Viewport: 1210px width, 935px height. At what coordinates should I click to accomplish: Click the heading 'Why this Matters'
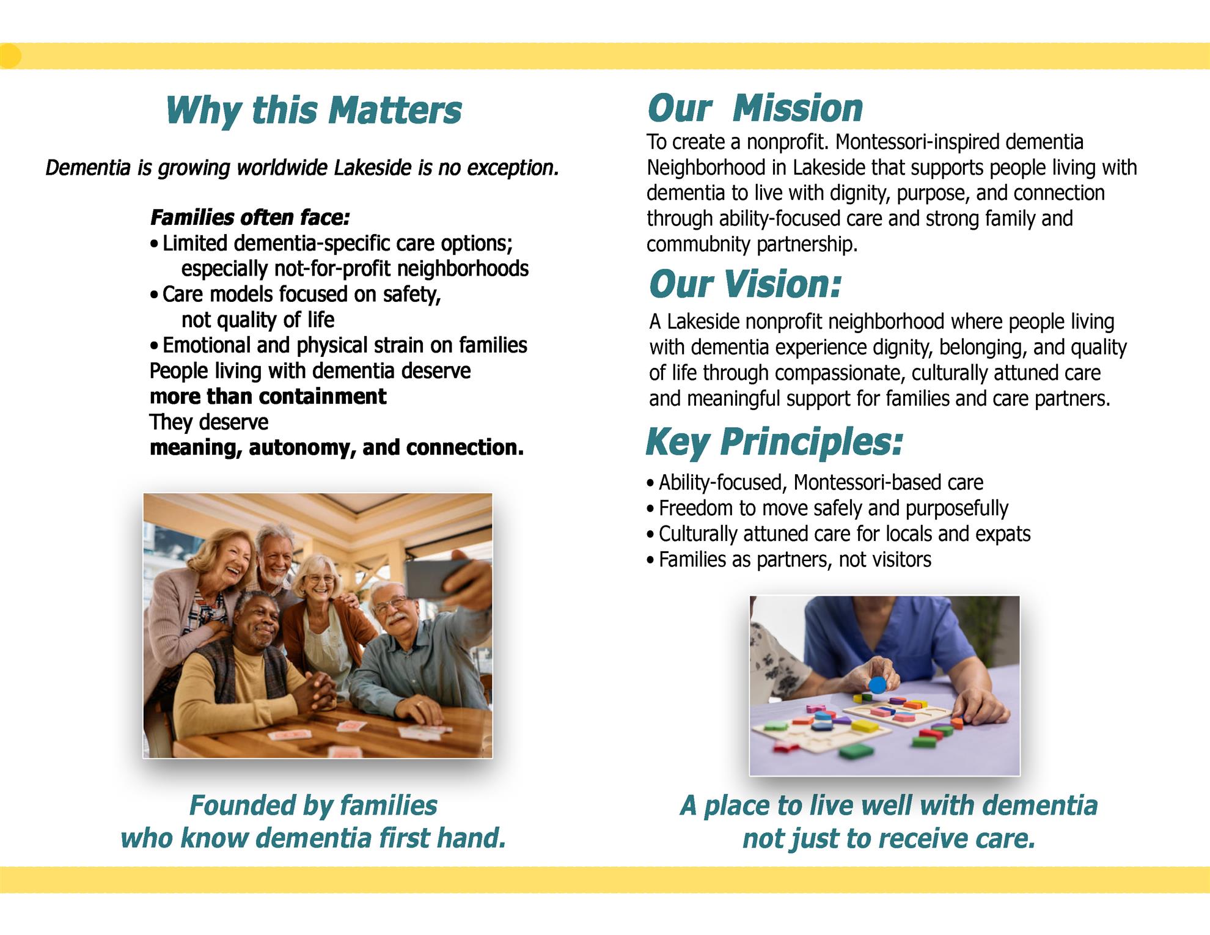(313, 111)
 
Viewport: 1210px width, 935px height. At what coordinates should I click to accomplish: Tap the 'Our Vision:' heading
(745, 284)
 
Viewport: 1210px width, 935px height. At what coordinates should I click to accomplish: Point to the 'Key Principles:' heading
(774, 442)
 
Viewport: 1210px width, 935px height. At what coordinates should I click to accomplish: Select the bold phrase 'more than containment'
(268, 397)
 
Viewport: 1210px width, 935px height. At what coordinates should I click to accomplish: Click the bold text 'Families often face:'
(250, 218)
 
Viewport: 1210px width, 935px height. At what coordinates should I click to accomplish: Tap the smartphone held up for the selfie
(437, 578)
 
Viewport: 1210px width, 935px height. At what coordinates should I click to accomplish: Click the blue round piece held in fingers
(878, 684)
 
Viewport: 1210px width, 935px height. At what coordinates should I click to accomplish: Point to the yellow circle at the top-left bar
(9, 56)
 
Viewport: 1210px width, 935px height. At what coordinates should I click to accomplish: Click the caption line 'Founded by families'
(313, 805)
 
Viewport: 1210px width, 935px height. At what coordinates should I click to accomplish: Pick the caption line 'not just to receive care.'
(889, 838)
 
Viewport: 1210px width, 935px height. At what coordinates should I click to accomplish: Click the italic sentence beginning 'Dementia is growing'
(302, 167)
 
